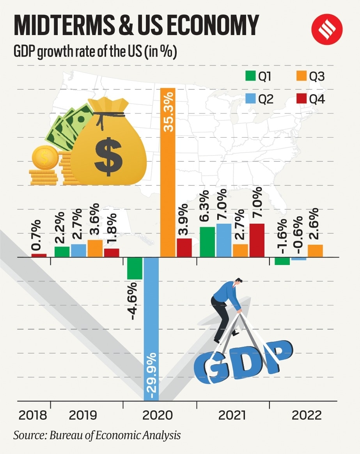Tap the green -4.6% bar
135,269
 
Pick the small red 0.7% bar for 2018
39,255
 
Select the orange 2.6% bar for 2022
315,251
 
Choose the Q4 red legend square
301,99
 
